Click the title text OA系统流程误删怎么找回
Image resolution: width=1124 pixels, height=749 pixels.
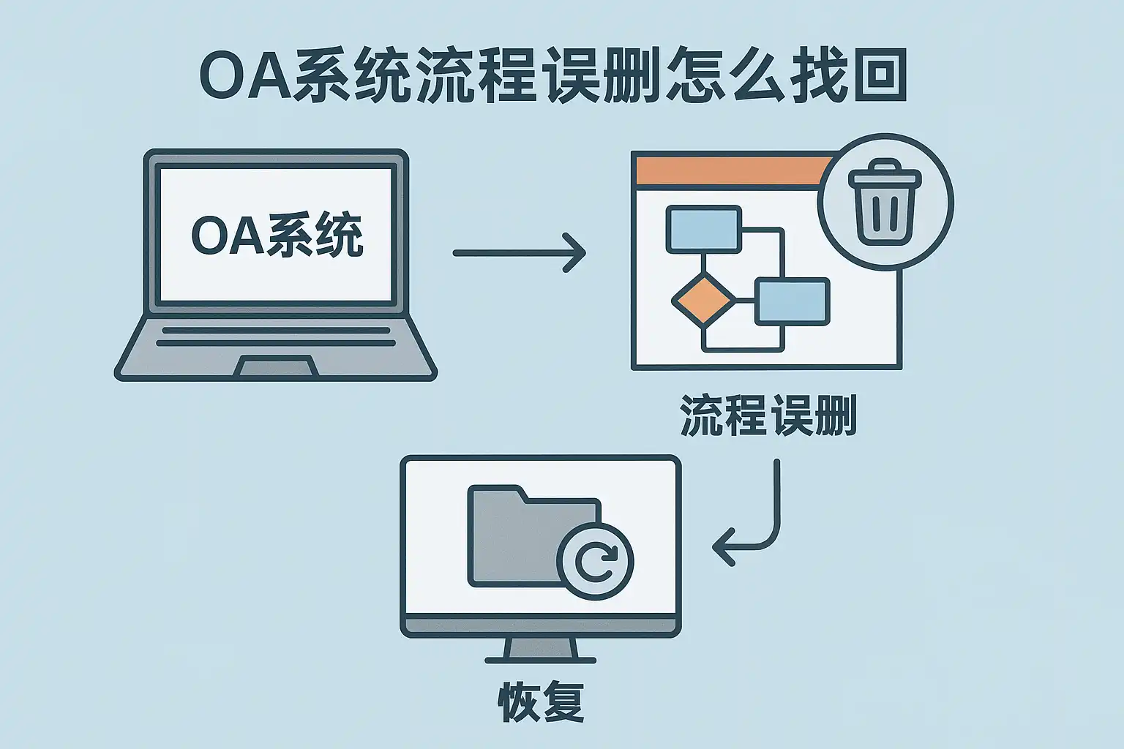pos(553,75)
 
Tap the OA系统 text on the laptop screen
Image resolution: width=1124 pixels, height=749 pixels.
pos(277,235)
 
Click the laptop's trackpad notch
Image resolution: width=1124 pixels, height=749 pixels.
pos(275,366)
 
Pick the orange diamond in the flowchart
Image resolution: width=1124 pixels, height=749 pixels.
pos(702,298)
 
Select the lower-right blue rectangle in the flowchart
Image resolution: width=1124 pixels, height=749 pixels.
pos(792,301)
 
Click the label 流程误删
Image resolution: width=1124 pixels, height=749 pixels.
pos(768,415)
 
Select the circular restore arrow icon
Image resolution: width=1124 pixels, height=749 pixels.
pos(596,561)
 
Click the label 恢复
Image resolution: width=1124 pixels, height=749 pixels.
pos(541,702)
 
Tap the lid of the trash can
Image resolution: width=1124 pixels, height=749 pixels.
pos(885,176)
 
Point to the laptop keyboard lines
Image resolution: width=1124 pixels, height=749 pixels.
pos(275,336)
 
